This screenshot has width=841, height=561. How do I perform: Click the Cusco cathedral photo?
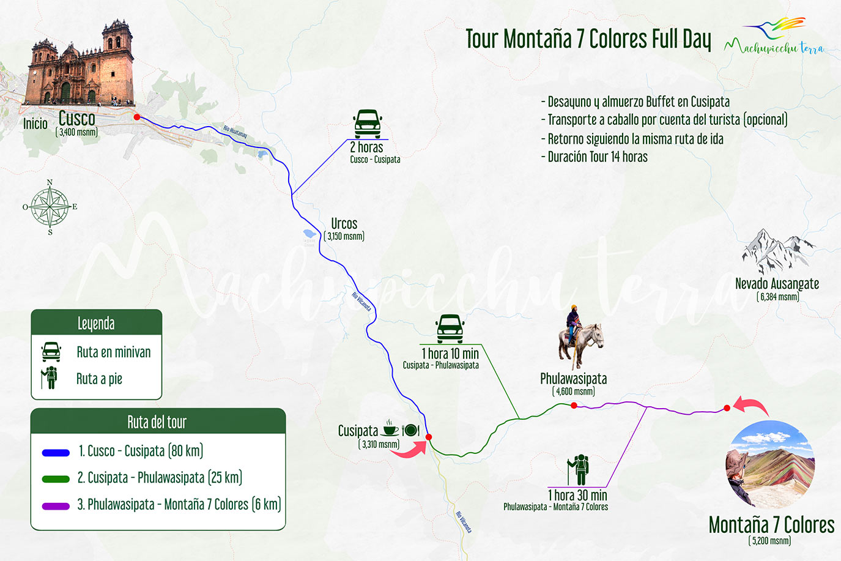tap(80, 65)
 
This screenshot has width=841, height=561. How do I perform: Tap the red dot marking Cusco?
tap(137, 117)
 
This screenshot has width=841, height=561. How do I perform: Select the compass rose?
tap(50, 207)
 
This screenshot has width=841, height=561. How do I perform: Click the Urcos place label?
tap(344, 224)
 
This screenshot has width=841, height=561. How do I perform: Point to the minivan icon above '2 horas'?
tap(368, 124)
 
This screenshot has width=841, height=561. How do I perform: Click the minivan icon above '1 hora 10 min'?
tap(450, 329)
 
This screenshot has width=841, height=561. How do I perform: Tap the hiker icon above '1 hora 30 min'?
tap(578, 470)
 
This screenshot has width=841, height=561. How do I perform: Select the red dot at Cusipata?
tap(429, 437)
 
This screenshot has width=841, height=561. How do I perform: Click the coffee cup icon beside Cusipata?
tap(390, 429)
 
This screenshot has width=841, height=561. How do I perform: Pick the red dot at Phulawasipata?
tap(574, 406)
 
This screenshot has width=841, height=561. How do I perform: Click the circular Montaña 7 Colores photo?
tap(770, 464)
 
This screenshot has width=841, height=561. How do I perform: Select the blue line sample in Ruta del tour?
tap(56, 453)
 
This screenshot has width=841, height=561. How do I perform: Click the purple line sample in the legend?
tap(56, 506)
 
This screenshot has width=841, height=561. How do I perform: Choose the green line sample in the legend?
tap(56, 479)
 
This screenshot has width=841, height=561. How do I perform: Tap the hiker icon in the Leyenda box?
tap(50, 377)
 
